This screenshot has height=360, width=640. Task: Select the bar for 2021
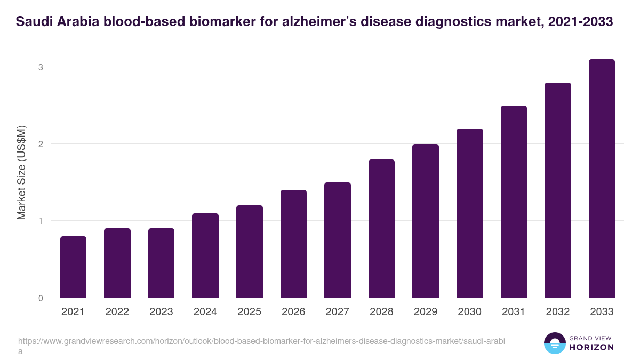click(x=73, y=267)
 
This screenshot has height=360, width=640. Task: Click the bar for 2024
click(x=205, y=255)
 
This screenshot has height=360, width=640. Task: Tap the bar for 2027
click(x=338, y=240)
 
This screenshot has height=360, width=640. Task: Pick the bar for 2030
click(x=470, y=213)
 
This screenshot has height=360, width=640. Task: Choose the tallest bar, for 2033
click(x=602, y=178)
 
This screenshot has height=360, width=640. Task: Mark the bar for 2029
click(x=426, y=221)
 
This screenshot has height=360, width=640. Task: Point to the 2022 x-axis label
click(x=117, y=312)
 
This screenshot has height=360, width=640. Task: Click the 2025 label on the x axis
click(x=249, y=312)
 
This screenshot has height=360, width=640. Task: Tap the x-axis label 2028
click(x=381, y=312)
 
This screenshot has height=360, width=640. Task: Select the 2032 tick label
click(x=558, y=312)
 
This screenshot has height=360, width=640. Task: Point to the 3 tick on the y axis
click(x=40, y=67)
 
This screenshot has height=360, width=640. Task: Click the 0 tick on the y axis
click(x=40, y=298)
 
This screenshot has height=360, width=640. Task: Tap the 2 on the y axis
click(x=40, y=144)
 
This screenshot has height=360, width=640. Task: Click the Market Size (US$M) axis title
click(x=21, y=173)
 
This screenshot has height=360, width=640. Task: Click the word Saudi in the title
click(x=33, y=22)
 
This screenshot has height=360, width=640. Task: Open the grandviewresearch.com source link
click(x=261, y=341)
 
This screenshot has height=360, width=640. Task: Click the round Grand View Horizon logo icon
click(x=555, y=343)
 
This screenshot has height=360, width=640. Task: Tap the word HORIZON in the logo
click(x=592, y=347)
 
